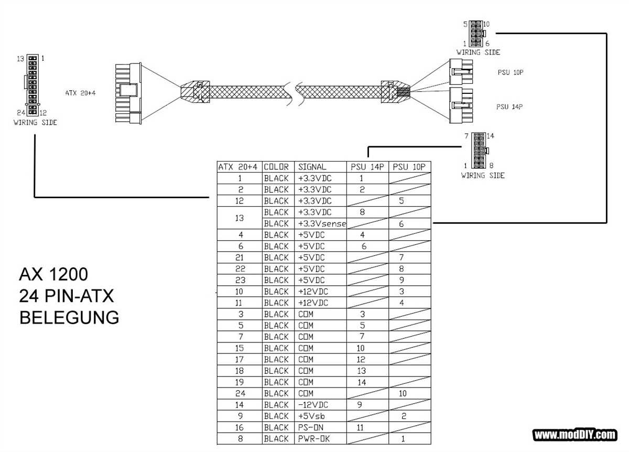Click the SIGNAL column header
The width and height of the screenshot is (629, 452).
pos(312,167)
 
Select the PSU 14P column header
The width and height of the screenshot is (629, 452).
pos(367,167)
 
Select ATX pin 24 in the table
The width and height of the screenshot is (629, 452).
pos(239,393)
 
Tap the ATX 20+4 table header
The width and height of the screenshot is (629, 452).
pos(238,167)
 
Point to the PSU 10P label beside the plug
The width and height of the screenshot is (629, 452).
pos(511,73)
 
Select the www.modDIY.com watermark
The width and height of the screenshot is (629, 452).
pos(574,435)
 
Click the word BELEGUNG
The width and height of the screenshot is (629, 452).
pos(69,317)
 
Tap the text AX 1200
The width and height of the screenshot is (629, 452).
pos(53,274)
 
